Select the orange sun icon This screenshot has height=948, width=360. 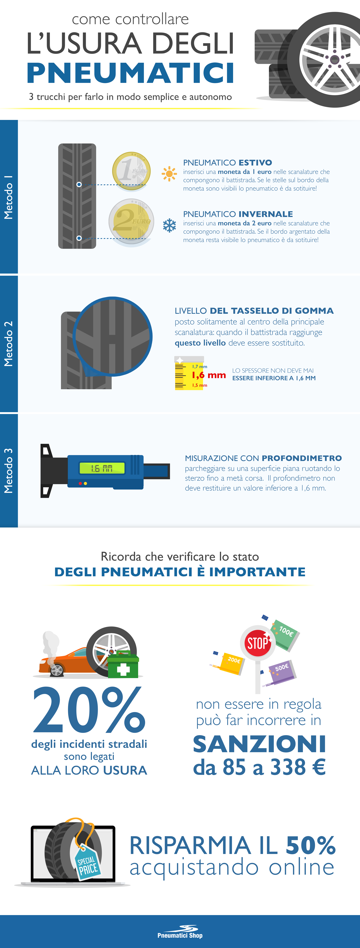[169, 174]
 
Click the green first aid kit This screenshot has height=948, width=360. [123, 666]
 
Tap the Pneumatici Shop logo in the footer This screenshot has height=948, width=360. [180, 932]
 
